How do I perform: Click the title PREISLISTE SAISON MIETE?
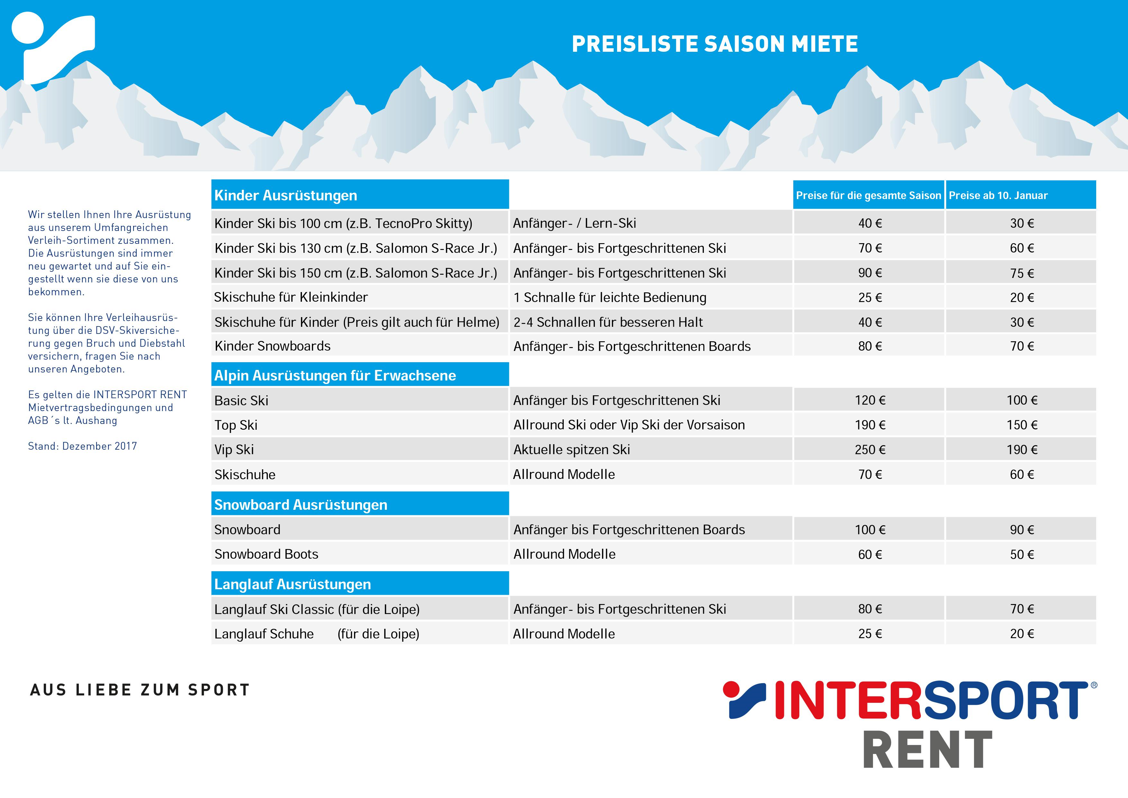coord(715,44)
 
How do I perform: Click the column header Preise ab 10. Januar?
coord(998,196)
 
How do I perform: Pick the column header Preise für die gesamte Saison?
coord(868,196)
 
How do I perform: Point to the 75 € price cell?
coord(1022,273)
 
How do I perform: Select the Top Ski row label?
coord(236,425)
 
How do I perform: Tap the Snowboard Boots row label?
coord(266,554)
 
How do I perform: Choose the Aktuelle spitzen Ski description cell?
coord(571,450)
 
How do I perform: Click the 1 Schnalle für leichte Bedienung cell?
coord(610,297)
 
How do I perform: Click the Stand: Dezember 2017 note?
coord(83,446)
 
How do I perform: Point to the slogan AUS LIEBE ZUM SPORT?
coord(140,690)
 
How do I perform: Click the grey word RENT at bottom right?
coord(928,750)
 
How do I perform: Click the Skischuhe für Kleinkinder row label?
coord(291,297)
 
